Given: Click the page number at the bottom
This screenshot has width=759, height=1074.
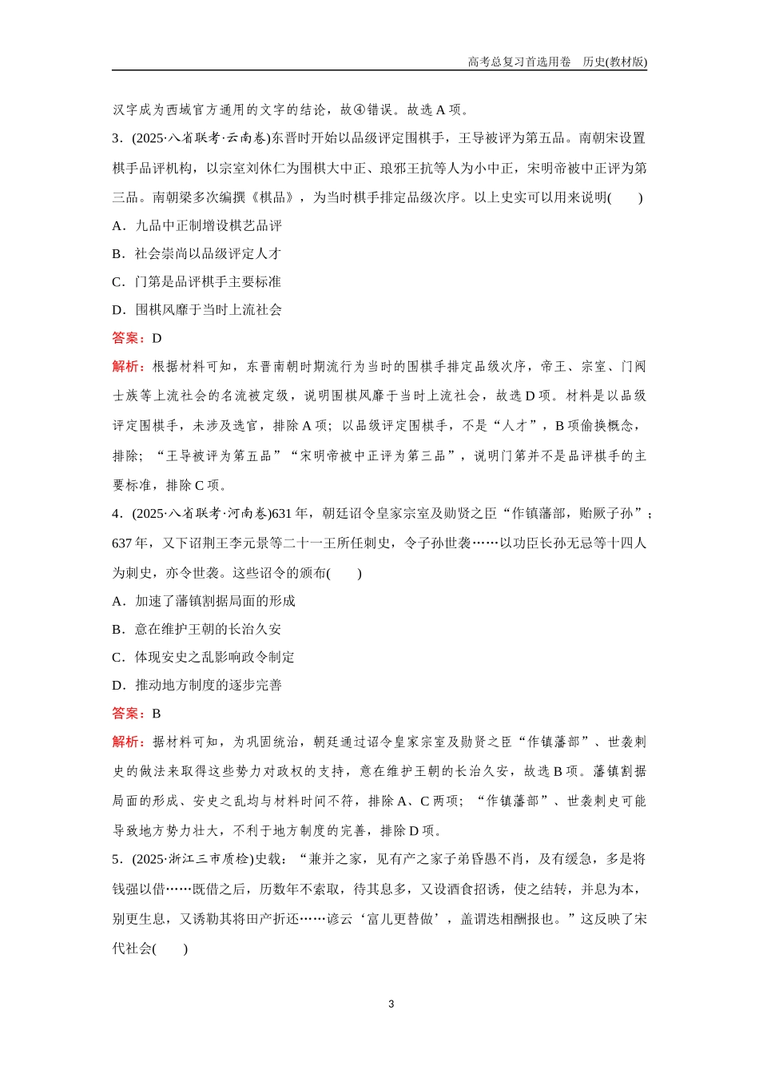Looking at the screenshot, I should pyautogui.click(x=391, y=1004).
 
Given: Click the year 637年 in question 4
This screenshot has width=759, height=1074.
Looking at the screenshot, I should pyautogui.click(x=131, y=543).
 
